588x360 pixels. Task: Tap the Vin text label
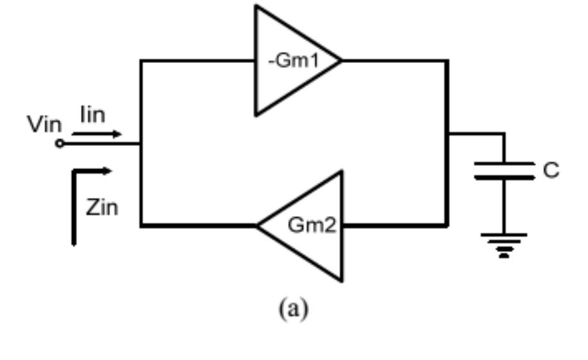(x=42, y=125)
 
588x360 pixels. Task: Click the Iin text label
(x=94, y=116)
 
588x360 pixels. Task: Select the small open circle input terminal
(x=60, y=144)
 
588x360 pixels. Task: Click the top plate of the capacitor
(x=504, y=163)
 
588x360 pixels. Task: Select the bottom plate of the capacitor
(x=504, y=177)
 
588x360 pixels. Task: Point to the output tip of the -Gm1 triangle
(x=340, y=60)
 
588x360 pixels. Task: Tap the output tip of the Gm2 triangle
(x=258, y=226)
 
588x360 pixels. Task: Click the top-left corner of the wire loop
(x=141, y=60)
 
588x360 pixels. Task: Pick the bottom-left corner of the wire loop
(x=141, y=226)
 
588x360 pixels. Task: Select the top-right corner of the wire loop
(x=447, y=60)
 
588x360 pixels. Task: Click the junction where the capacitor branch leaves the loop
(x=447, y=134)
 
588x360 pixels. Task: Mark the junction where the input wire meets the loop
(x=141, y=144)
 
